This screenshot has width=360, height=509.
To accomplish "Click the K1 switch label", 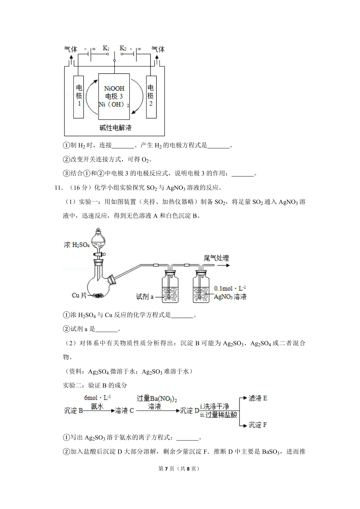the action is [x=106, y=48].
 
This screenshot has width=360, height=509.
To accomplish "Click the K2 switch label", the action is [x=123, y=48].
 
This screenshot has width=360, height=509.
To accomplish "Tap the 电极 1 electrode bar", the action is [x=79, y=97].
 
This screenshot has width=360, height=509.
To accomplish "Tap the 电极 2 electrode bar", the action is [x=151, y=97].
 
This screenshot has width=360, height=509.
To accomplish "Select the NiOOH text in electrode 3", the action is [x=114, y=88].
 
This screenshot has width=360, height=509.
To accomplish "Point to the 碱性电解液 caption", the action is [x=115, y=128].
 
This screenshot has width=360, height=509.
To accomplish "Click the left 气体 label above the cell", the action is [x=70, y=49].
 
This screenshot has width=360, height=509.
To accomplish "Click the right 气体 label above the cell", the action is [x=158, y=49].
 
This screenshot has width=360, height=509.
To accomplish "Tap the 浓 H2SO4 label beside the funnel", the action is [x=77, y=245].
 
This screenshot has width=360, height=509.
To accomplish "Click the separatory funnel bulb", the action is [x=98, y=242].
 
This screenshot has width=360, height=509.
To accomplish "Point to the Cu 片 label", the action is [x=79, y=295].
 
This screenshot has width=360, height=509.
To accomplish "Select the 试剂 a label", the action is [x=145, y=296].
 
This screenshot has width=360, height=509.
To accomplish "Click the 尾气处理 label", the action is [x=216, y=258].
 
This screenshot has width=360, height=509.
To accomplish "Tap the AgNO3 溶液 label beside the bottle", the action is [x=230, y=296].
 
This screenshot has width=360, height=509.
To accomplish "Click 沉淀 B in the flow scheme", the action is [x=73, y=411].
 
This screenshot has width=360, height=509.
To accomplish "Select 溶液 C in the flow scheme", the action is [x=124, y=411].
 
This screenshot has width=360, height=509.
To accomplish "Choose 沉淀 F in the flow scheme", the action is [x=257, y=425].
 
